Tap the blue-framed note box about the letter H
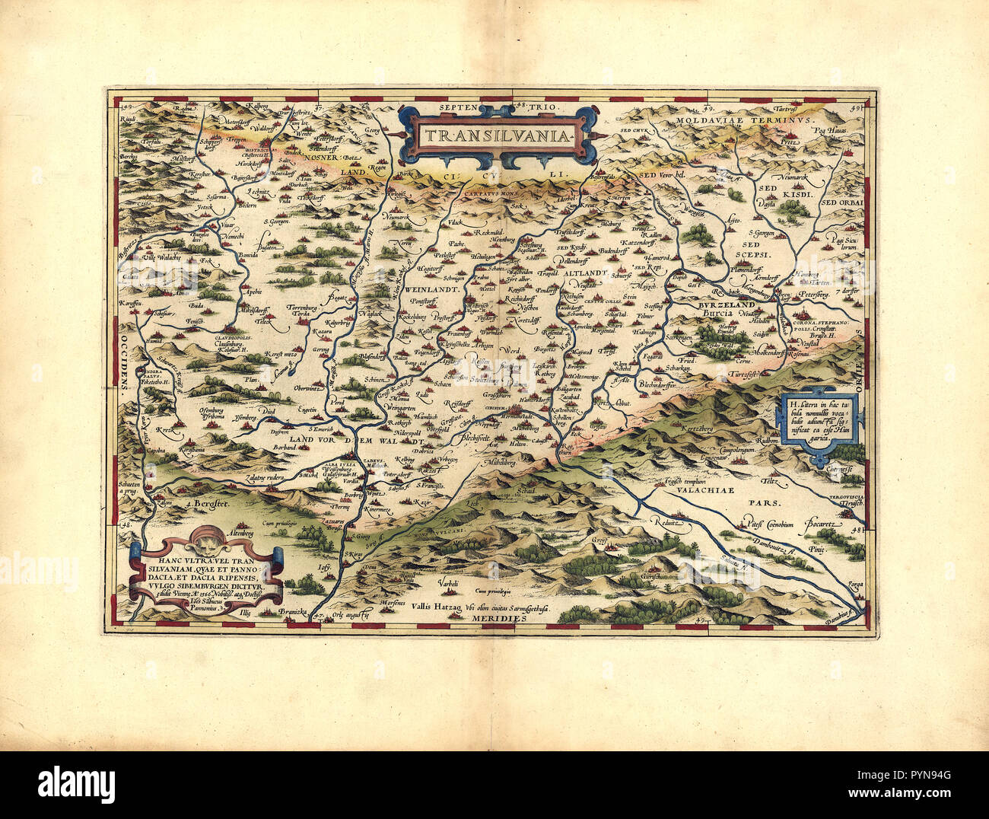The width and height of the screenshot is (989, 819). coord(819,429)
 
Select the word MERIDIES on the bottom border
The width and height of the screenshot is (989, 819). coord(498,620)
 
